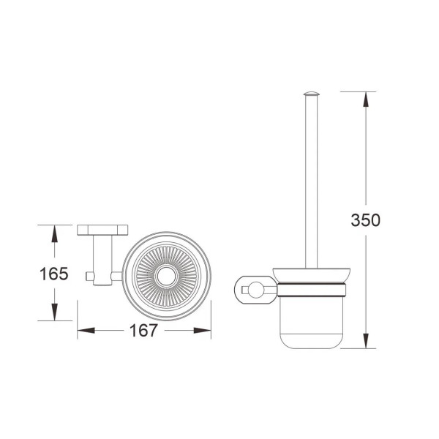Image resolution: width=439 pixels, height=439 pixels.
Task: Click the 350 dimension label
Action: [x=365, y=220]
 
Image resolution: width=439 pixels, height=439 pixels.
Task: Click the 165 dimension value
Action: [x=54, y=274]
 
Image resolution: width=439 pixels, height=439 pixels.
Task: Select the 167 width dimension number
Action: [x=143, y=331]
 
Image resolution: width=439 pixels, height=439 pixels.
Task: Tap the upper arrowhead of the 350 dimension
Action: [x=366, y=100]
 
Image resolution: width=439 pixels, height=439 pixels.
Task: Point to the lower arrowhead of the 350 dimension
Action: [x=366, y=341]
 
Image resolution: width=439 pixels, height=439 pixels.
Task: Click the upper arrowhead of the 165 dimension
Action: [x=55, y=233]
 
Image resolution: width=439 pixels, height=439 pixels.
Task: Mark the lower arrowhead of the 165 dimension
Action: [x=55, y=312]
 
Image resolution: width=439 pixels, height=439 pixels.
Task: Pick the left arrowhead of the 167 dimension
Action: [x=86, y=331]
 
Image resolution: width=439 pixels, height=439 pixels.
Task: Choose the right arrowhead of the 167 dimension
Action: [x=202, y=331]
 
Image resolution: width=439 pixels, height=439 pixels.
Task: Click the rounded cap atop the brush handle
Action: [x=312, y=94]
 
